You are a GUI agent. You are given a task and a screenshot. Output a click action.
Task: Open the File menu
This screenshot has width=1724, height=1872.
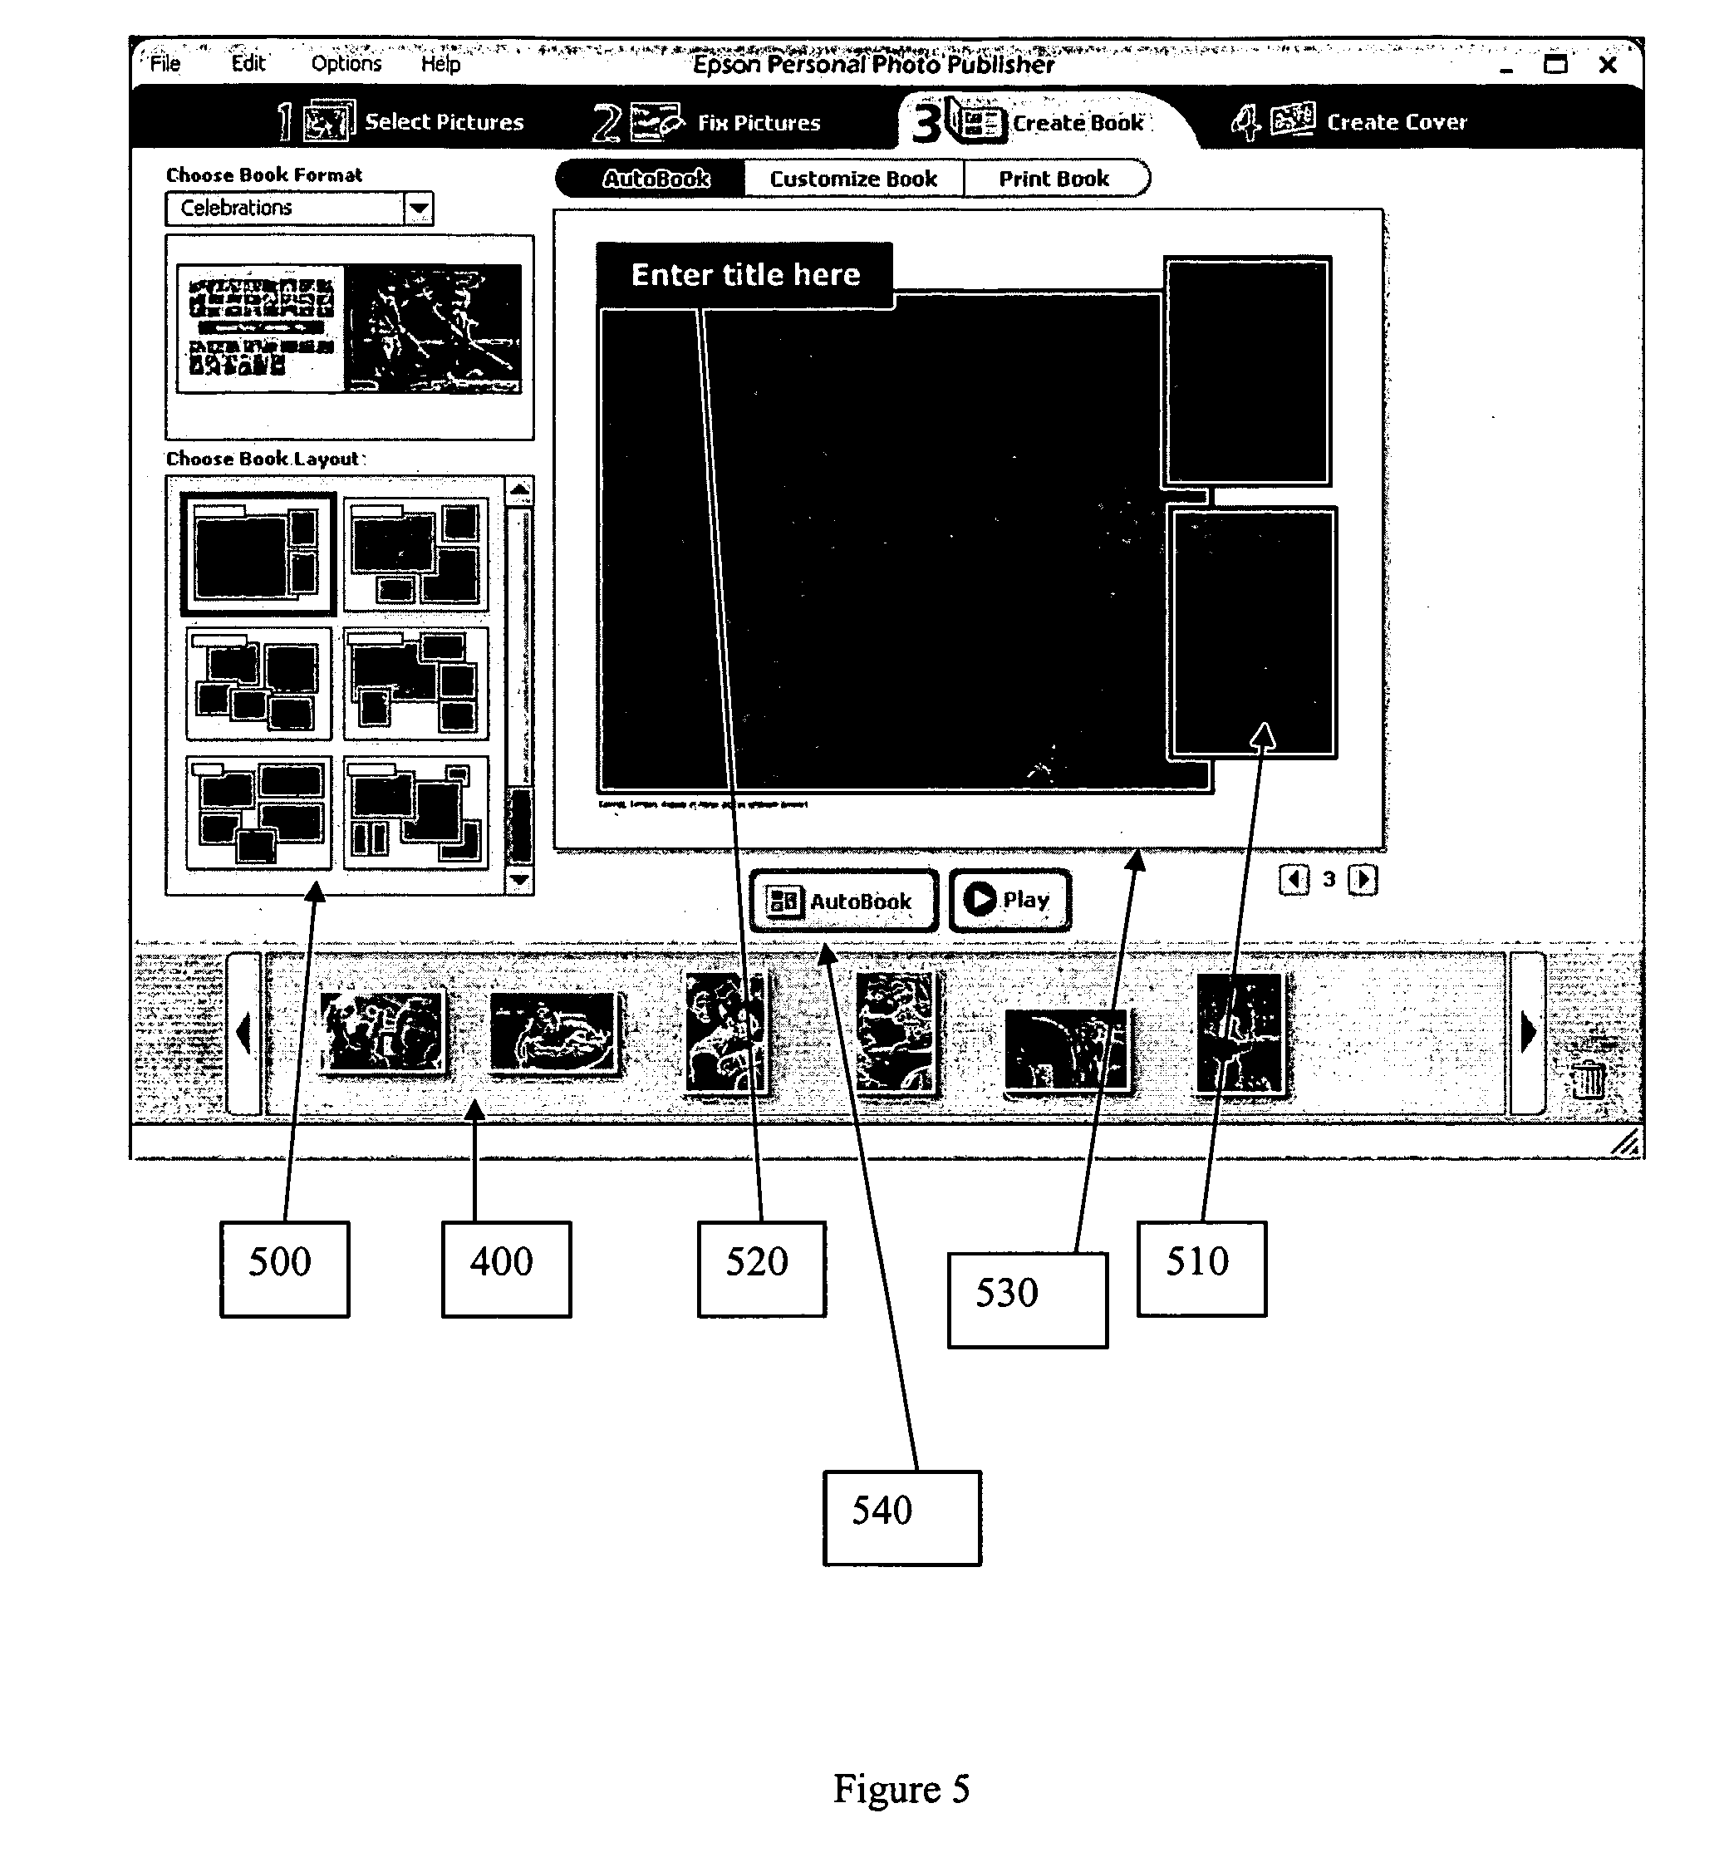tap(165, 63)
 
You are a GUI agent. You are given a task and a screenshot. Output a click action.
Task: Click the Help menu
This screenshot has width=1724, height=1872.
tap(440, 63)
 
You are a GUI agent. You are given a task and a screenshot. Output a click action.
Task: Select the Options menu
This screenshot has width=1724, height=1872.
tap(346, 63)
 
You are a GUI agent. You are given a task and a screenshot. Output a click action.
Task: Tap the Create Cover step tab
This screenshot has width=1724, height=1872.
tap(1349, 121)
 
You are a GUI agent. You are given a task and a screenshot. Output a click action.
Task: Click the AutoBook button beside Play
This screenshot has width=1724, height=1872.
tap(842, 901)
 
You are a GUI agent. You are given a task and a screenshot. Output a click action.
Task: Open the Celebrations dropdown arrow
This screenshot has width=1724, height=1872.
tap(419, 208)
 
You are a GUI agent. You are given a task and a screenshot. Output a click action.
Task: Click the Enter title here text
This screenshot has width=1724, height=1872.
tap(745, 274)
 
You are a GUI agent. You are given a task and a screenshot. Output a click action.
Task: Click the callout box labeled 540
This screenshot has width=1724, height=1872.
tap(901, 1517)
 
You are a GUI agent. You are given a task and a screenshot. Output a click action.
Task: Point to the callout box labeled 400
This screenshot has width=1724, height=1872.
tap(506, 1269)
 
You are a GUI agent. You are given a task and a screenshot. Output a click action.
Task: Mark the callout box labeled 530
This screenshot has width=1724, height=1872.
tap(1027, 1300)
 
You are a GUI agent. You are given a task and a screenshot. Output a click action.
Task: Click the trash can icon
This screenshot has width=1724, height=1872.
tap(1588, 1079)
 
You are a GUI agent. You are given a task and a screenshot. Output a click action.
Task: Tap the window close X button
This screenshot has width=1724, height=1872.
tap(1608, 64)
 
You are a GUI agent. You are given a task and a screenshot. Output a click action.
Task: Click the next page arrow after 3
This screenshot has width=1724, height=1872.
tap(1362, 880)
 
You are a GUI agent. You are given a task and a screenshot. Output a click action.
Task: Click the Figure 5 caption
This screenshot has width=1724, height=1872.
tap(901, 1788)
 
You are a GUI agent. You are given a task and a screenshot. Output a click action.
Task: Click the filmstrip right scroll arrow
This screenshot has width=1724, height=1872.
tap(1527, 1034)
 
